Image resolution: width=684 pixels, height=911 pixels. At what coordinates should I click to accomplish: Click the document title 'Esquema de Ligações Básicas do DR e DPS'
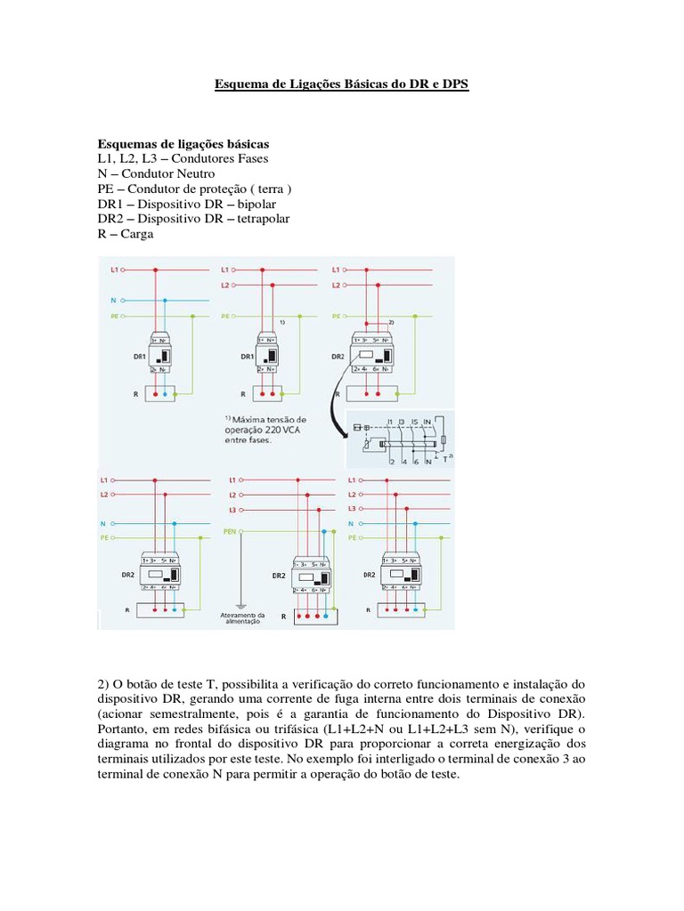[x=341, y=85]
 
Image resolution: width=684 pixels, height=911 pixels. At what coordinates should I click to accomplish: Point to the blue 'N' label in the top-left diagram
[x=113, y=301]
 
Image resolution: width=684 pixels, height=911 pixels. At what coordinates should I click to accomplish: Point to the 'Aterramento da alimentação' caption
[x=241, y=618]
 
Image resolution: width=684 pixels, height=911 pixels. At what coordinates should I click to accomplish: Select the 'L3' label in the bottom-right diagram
[x=351, y=508]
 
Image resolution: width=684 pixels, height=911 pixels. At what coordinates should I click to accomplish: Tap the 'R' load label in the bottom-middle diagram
[x=285, y=615]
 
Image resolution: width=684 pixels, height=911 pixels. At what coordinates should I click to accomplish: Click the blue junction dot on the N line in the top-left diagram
[x=166, y=301]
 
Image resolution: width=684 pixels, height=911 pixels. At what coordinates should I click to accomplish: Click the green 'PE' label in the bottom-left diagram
[x=103, y=537]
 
